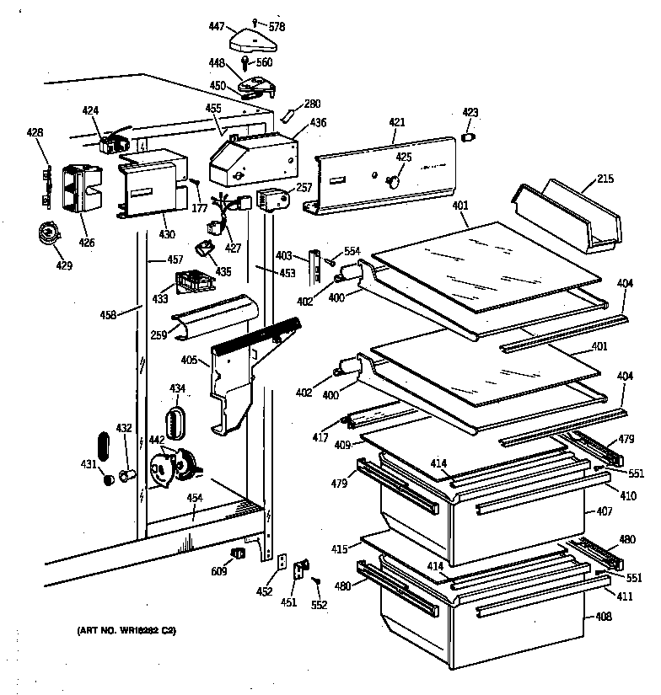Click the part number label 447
coord(215,27)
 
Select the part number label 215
coord(605,179)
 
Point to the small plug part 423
coord(470,136)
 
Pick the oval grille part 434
coord(176,421)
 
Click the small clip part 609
coord(238,553)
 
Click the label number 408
coord(604,617)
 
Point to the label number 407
coord(604,511)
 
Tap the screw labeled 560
coord(248,63)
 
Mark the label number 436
coord(318,123)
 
